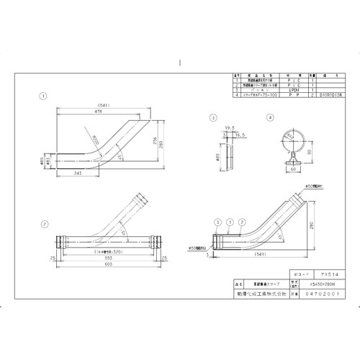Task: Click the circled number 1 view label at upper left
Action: click(44, 95)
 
